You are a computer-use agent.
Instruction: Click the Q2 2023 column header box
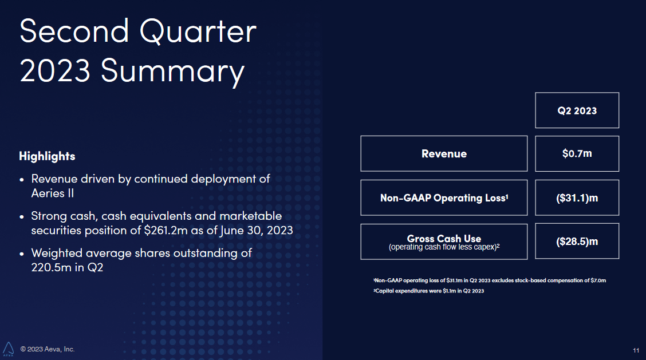[x=577, y=110]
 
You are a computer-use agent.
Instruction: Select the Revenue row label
[x=444, y=153]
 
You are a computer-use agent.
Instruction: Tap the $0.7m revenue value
[x=577, y=153]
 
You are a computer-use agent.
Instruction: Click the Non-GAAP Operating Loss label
[x=444, y=197]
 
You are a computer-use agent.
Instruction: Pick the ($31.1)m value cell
[x=577, y=197]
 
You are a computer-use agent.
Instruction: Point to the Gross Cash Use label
[x=444, y=238]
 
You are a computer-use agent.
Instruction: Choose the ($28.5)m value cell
[x=577, y=242]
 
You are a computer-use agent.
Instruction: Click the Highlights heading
[x=47, y=156]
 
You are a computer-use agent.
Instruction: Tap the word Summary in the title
[x=172, y=72]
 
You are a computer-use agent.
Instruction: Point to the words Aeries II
[x=52, y=193]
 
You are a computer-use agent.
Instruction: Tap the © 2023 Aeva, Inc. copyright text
[x=48, y=349]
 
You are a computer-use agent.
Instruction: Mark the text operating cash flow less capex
[x=442, y=247]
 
